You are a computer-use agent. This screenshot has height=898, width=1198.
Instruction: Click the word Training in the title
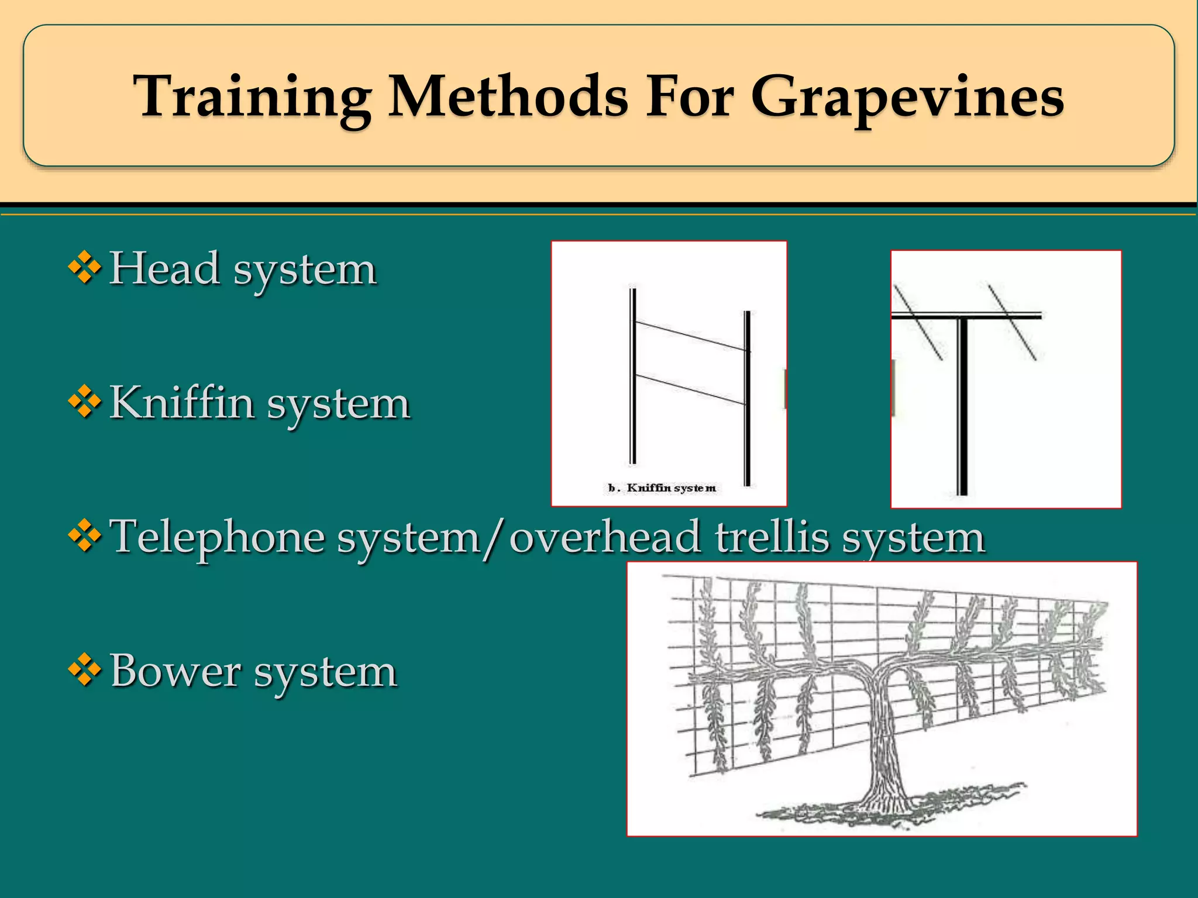pyautogui.click(x=252, y=96)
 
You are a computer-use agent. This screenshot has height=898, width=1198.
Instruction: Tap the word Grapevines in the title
pyautogui.click(x=907, y=96)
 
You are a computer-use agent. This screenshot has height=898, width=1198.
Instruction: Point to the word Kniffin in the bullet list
pyautogui.click(x=182, y=403)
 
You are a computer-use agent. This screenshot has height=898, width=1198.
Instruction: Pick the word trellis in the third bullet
pyautogui.click(x=772, y=537)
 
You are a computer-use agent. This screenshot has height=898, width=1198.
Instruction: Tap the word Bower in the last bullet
pyautogui.click(x=175, y=671)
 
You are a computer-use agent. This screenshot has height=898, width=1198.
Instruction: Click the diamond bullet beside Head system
pyautogui.click(x=85, y=268)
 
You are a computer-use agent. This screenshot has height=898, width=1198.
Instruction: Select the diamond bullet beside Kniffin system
pyautogui.click(x=85, y=402)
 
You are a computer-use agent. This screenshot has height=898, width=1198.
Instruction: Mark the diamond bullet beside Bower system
pyautogui.click(x=85, y=669)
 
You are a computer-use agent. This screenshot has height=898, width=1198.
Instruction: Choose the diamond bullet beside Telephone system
pyautogui.click(x=85, y=536)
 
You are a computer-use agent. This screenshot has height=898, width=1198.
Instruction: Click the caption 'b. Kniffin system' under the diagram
pyautogui.click(x=662, y=488)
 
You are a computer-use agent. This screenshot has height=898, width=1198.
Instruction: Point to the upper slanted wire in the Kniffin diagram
pyautogui.click(x=690, y=336)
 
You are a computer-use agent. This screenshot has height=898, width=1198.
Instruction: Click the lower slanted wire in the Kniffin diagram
pyautogui.click(x=690, y=389)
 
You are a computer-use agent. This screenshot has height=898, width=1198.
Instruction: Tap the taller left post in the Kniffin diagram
pyautogui.click(x=632, y=374)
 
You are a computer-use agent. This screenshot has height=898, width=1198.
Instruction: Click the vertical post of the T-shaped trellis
pyautogui.click(x=962, y=409)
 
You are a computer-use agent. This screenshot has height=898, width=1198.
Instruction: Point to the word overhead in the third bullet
pyautogui.click(x=605, y=537)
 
